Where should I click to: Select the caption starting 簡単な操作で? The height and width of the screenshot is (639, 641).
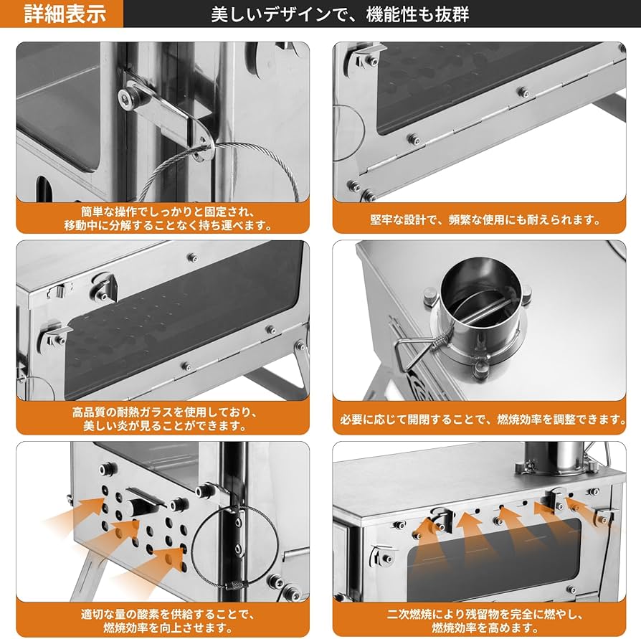163,219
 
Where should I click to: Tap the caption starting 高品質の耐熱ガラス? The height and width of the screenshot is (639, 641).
163,420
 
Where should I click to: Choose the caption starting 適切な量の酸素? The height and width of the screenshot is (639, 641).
163,621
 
